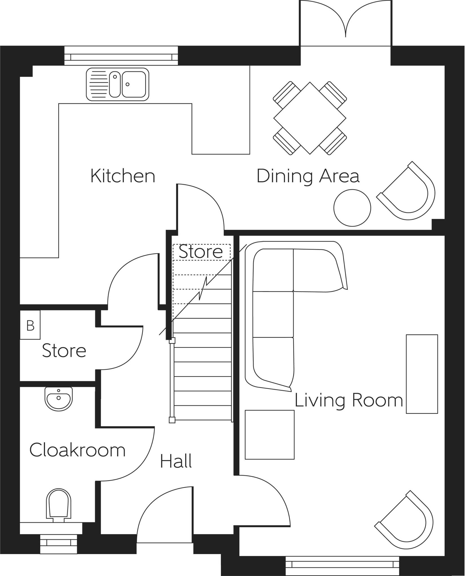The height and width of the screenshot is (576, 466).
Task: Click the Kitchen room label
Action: pos(123,176)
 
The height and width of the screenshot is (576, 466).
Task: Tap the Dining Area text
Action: pos(308,176)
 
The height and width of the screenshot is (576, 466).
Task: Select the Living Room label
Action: pos(349,400)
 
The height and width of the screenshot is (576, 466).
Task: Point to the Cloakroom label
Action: pos(77,450)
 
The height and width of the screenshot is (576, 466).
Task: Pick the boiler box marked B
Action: pos(30,325)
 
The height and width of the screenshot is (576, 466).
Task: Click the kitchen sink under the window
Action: pos(117,84)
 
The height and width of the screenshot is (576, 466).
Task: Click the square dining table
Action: pos(310,118)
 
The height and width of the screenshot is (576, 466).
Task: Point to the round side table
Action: pos(352,208)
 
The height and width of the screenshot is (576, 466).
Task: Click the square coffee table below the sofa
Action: pos(269,435)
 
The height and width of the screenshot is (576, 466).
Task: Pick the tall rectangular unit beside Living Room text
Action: pos(421,374)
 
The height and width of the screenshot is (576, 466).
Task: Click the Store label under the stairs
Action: pos(201,251)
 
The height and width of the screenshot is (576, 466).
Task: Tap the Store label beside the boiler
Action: pos(64,351)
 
